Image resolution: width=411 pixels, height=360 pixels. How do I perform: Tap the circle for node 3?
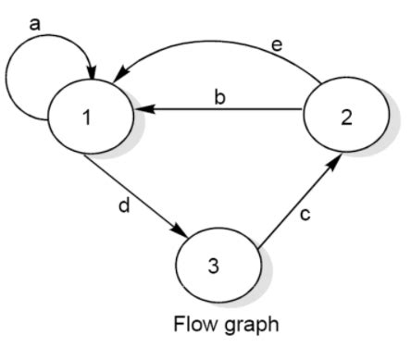click(214, 266)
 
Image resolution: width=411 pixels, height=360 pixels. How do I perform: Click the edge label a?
click(34, 22)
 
